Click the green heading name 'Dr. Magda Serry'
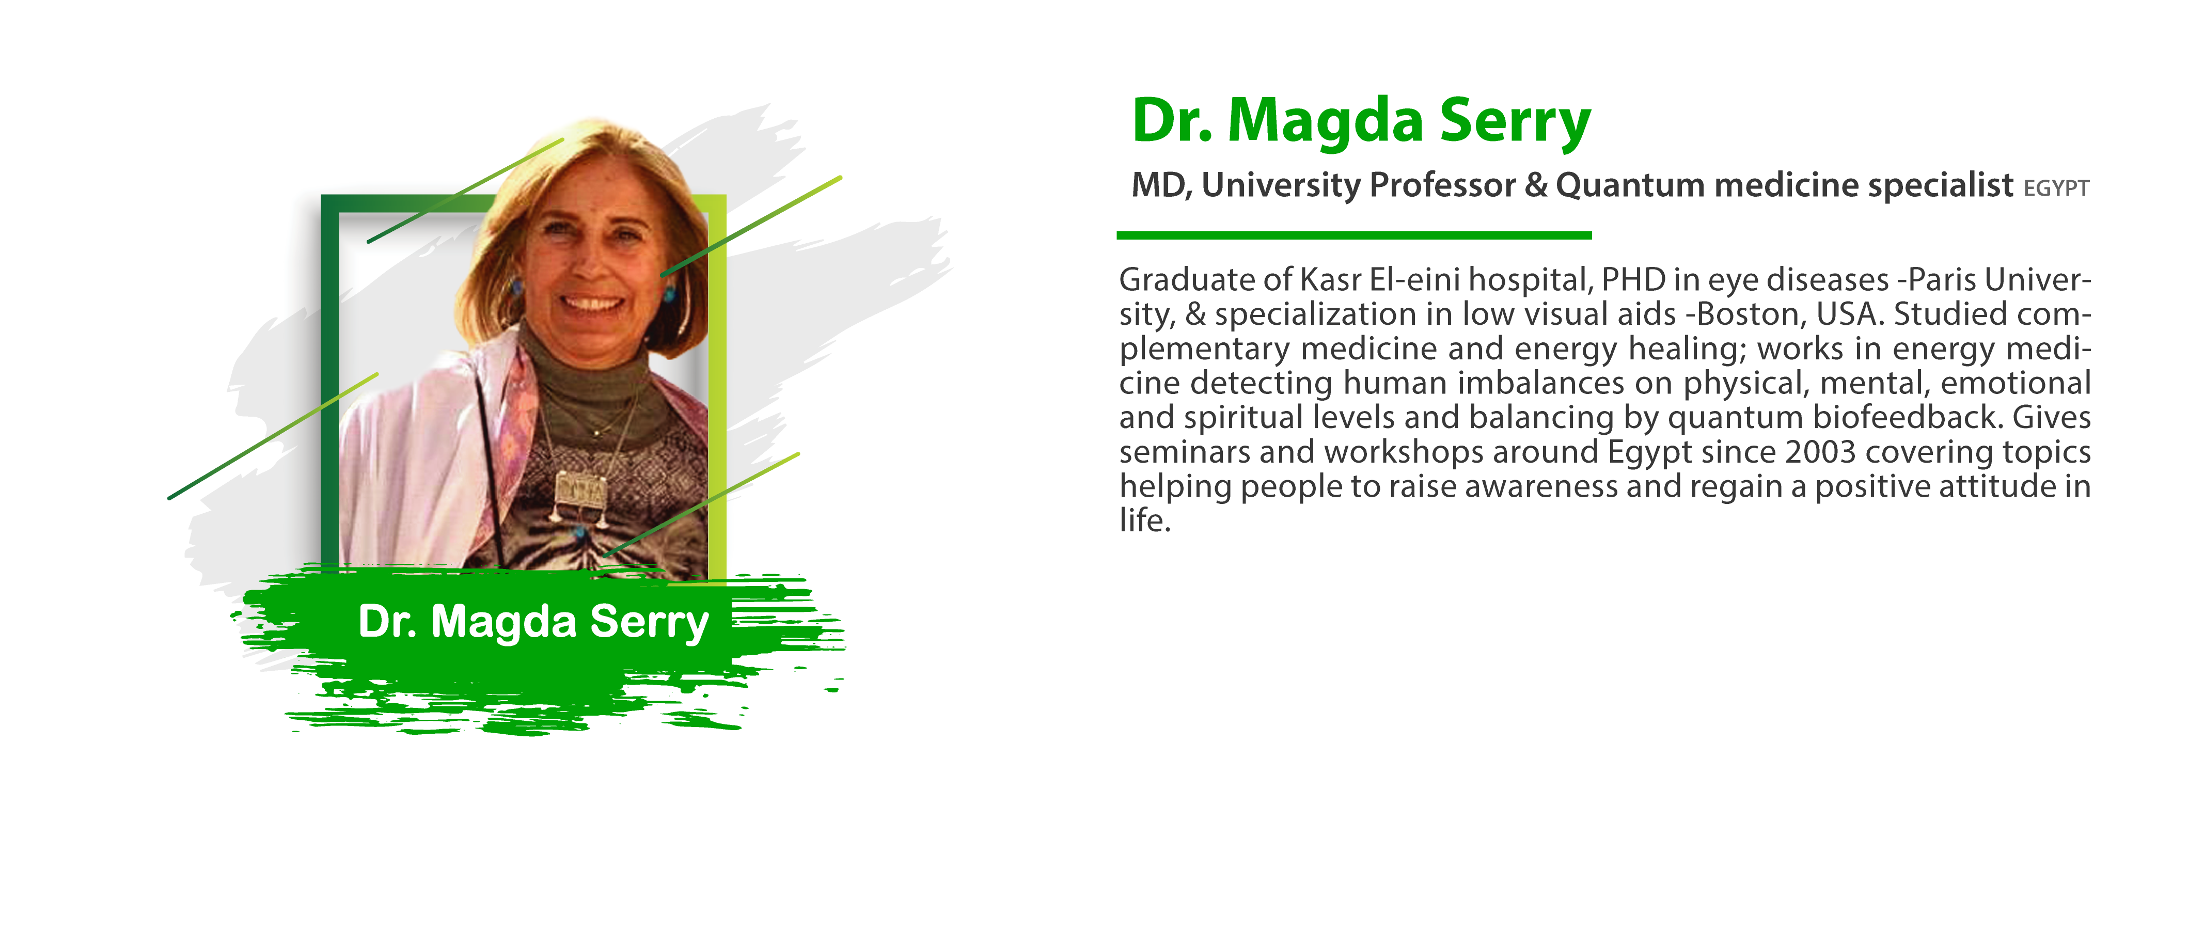coord(1360,121)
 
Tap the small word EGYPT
coord(2056,188)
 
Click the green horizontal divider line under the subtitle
coord(1353,234)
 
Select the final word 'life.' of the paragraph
coord(1145,520)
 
